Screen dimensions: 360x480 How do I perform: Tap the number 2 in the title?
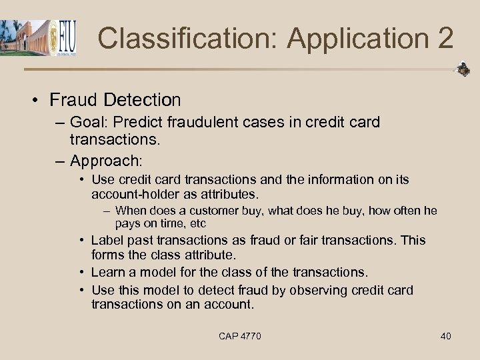point(445,39)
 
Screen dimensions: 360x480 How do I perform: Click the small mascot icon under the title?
point(462,69)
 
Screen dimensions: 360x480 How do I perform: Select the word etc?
point(197,223)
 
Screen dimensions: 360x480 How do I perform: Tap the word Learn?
point(107,272)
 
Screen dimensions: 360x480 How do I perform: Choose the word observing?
point(292,290)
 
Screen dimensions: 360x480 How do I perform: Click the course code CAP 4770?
point(240,336)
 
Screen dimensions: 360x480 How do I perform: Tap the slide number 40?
point(445,336)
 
